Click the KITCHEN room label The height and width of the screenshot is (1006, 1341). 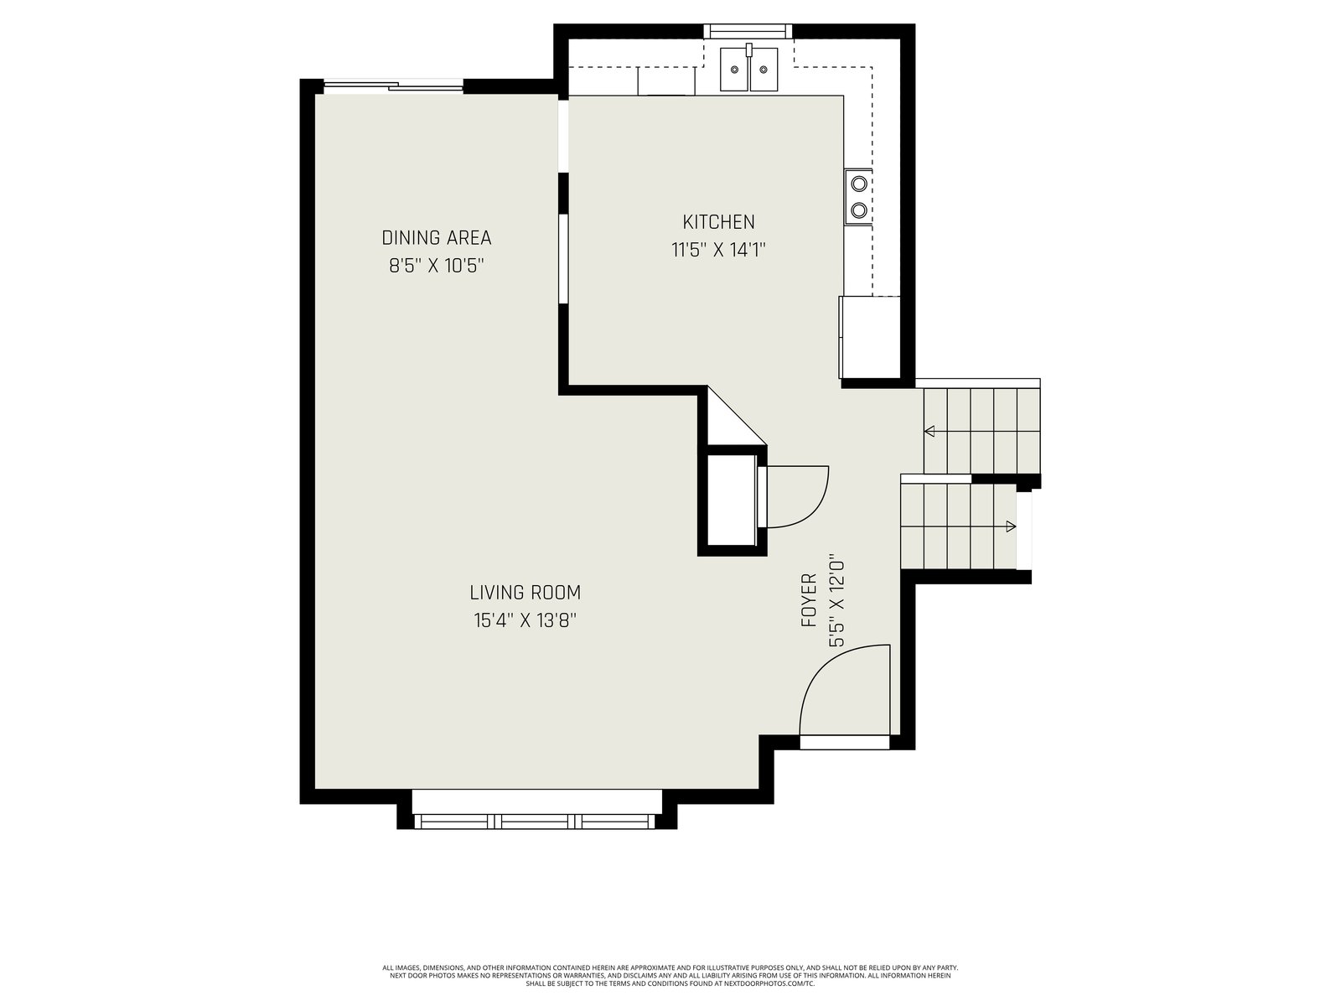(717, 221)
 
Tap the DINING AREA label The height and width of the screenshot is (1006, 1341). (436, 237)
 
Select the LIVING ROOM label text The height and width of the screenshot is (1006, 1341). (525, 593)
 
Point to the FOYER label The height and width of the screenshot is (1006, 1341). (808, 599)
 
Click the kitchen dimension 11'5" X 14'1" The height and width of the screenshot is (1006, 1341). (718, 251)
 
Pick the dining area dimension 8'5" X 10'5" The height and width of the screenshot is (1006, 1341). (436, 267)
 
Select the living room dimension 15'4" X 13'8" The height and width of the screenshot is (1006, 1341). (526, 620)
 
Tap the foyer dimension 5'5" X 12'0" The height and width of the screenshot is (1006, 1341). (836, 600)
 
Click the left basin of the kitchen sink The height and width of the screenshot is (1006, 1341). (734, 70)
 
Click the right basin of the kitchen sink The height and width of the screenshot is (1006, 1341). (764, 70)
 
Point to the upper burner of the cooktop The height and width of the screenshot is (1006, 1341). (859, 184)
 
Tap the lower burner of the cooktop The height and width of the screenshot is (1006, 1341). (859, 210)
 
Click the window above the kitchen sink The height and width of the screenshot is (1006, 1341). (747, 31)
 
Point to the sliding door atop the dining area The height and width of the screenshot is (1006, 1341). (393, 86)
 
